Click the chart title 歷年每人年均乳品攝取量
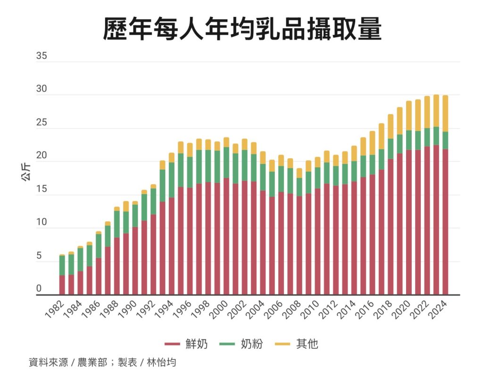(x=241, y=29)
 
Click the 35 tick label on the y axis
(x=42, y=56)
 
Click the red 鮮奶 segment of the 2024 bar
(x=445, y=221)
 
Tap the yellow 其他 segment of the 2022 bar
(x=427, y=112)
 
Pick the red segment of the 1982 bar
(x=62, y=285)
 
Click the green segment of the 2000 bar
(x=226, y=163)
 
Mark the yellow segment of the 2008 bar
(x=299, y=173)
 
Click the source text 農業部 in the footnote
(x=92, y=363)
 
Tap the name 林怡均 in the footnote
(x=161, y=363)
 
